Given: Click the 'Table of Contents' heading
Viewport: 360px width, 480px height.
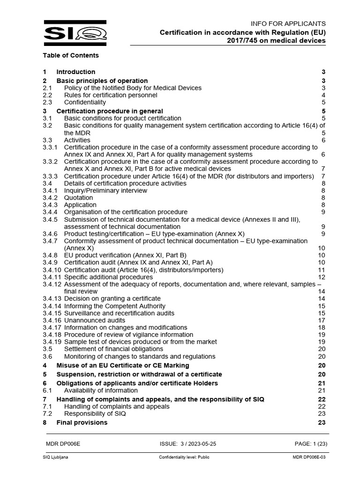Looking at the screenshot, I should point(71,55).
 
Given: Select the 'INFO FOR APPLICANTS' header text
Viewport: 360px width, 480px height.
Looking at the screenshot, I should point(288,23).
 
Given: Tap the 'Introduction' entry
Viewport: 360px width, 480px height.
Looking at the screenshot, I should point(75,72).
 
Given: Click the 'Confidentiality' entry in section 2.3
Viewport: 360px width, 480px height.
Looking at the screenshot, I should point(85,102).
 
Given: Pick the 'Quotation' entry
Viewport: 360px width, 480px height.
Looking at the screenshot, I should point(78,198).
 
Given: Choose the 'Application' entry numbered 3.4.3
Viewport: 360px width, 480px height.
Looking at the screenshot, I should point(80,205).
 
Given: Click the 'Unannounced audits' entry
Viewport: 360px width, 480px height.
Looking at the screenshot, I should point(94,320).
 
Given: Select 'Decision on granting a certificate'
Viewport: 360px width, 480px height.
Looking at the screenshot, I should point(112,299).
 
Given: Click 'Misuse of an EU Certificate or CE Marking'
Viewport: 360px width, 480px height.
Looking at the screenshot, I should point(123,365).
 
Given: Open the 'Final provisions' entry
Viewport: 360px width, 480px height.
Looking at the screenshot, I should point(82,422).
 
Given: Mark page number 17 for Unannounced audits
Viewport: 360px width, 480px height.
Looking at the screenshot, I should point(322,320).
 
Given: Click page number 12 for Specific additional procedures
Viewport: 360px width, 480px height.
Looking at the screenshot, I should point(322,277).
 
